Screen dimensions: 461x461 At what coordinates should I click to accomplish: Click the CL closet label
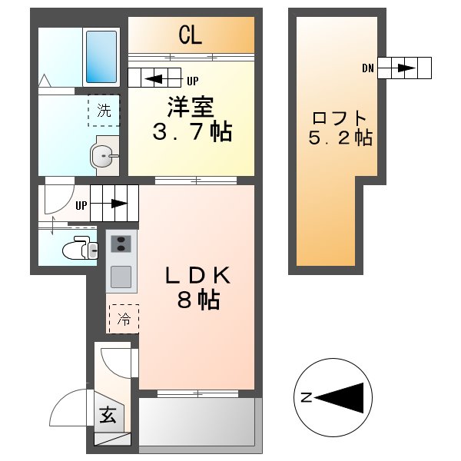coord(191,35)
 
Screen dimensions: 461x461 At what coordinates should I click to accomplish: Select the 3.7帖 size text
coord(191,132)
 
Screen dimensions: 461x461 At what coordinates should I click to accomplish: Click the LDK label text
coord(196,277)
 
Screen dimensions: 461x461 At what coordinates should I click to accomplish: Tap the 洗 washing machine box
coord(104,110)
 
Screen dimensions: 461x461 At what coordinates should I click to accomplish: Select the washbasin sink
coord(102,157)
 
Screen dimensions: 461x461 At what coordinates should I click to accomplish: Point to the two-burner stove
coord(121,245)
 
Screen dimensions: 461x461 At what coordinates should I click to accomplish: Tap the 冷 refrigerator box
coord(123,318)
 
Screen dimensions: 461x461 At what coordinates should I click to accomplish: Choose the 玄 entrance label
coord(108,416)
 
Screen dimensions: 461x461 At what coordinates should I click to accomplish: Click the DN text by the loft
coord(368,68)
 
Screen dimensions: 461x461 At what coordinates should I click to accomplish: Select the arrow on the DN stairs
coord(406,68)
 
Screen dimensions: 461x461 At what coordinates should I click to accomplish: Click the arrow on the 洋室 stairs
coord(154,78)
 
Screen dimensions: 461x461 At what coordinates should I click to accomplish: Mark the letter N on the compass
coord(306,397)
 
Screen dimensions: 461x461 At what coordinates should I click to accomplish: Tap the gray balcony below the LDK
coord(196,422)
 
